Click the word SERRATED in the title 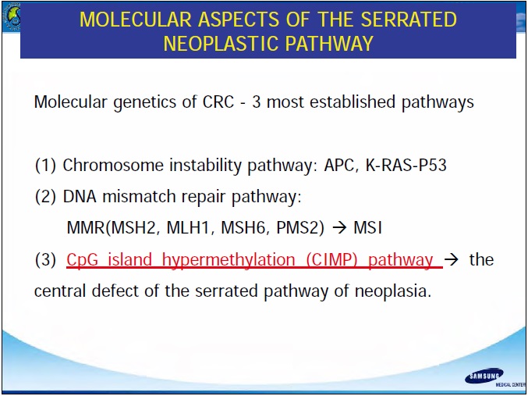click(x=409, y=20)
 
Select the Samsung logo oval click(x=484, y=376)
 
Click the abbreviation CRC click(x=218, y=102)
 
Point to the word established click(x=353, y=102)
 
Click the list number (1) click(x=45, y=166)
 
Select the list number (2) click(x=45, y=197)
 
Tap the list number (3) click(x=45, y=260)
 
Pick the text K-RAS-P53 click(x=406, y=166)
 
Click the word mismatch click(x=139, y=197)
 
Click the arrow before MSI click(x=339, y=228)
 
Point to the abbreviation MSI click(x=367, y=228)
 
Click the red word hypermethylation click(x=229, y=260)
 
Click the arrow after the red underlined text click(x=452, y=260)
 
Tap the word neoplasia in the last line click(x=393, y=291)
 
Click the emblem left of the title click(x=11, y=17)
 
